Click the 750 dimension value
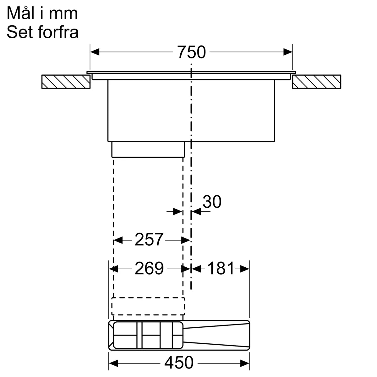pos(191,52)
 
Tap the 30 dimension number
pos(212,202)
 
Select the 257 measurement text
pos(149,240)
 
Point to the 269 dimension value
pos(149,269)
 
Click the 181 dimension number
pos(221,269)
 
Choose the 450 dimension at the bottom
pos(179,363)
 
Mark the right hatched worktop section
pos(316,82)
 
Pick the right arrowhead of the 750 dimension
pos(288,52)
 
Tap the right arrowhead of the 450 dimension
pos(245,363)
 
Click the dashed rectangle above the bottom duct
pos(148,306)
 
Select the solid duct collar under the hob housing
pos(148,149)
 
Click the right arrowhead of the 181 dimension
pos(245,269)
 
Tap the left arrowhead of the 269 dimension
pos(113,269)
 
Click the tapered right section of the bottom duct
pos(217,336)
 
